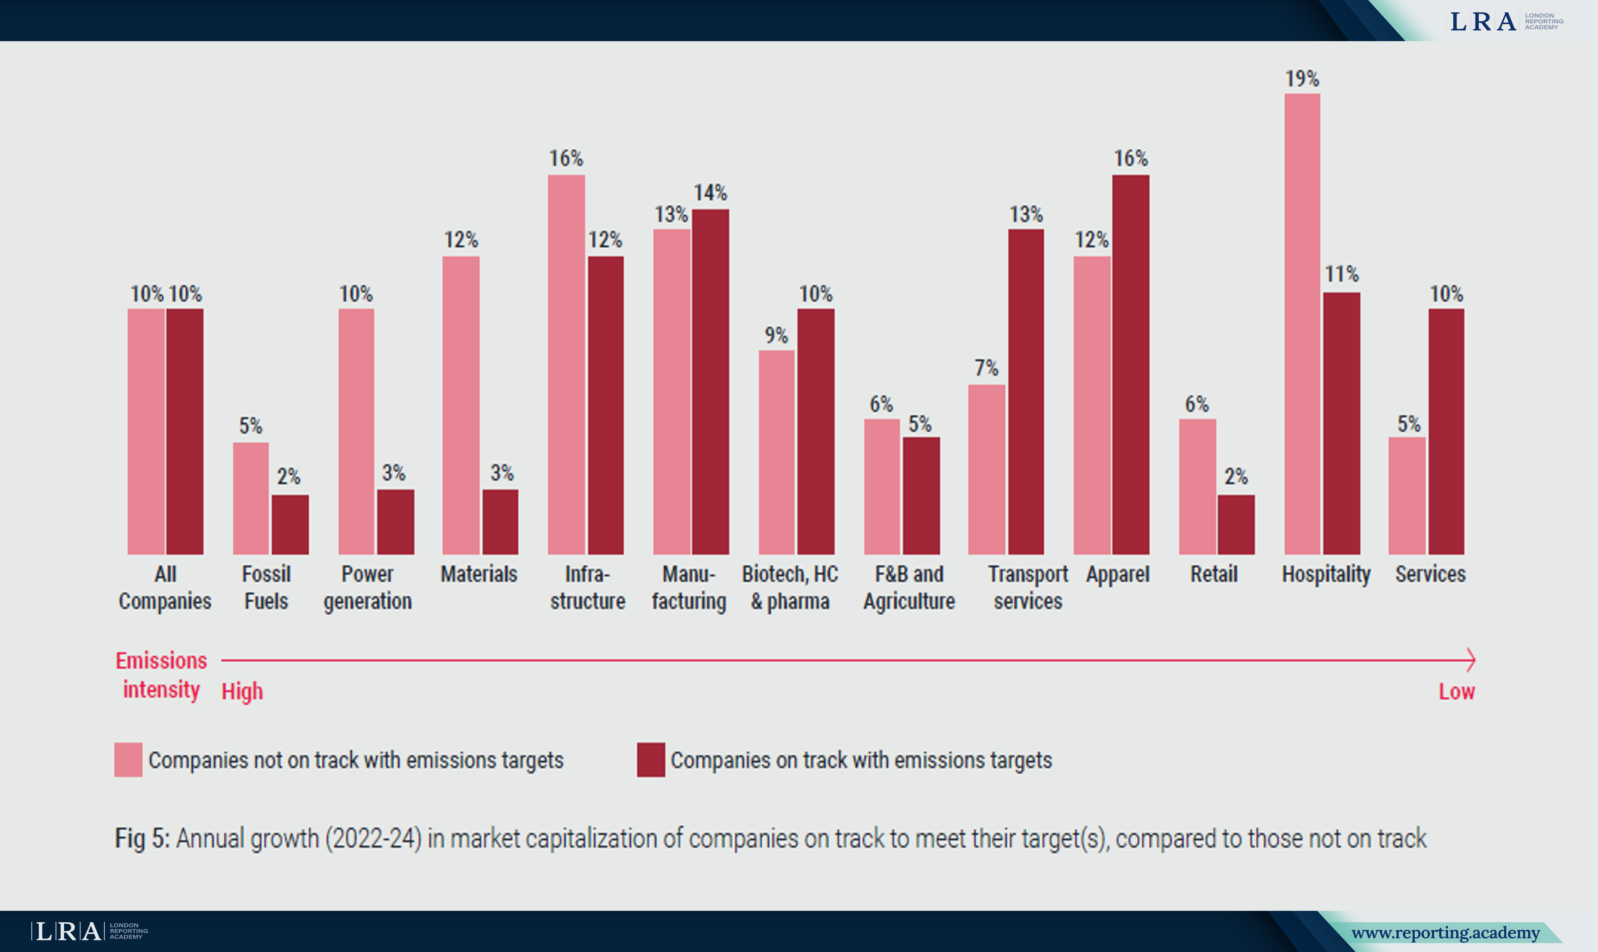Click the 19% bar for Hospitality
click(x=1302, y=324)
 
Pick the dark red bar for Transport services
click(x=1026, y=391)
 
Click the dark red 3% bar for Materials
click(x=500, y=522)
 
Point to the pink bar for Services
click(x=1407, y=495)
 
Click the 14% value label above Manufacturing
click(x=710, y=192)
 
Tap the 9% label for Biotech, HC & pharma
click(x=776, y=335)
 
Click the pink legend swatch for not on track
click(x=128, y=760)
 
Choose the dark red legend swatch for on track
click(x=651, y=760)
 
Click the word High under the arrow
click(x=242, y=692)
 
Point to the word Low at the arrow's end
click(x=1456, y=692)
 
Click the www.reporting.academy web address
click(x=1445, y=932)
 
